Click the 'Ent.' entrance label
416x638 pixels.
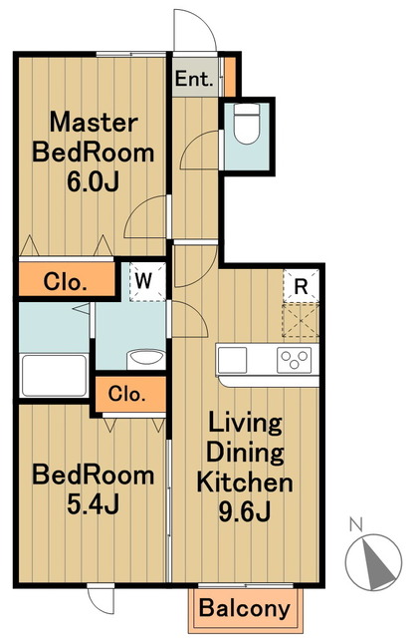(x=194, y=79)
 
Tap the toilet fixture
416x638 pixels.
(x=247, y=123)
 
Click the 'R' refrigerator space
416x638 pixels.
(x=301, y=286)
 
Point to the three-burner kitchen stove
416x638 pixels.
(x=295, y=360)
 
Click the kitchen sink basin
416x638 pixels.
(x=232, y=360)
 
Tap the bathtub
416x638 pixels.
(x=55, y=375)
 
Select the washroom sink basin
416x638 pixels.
(x=146, y=358)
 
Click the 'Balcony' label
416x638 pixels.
(x=245, y=608)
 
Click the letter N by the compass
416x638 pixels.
(x=355, y=524)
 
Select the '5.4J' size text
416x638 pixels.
(x=93, y=504)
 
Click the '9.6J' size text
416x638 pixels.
(x=245, y=511)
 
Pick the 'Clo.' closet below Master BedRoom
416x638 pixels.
(x=67, y=279)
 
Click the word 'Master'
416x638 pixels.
(x=94, y=123)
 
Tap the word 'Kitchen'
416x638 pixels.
(x=245, y=482)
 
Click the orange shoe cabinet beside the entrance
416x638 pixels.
(x=230, y=77)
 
